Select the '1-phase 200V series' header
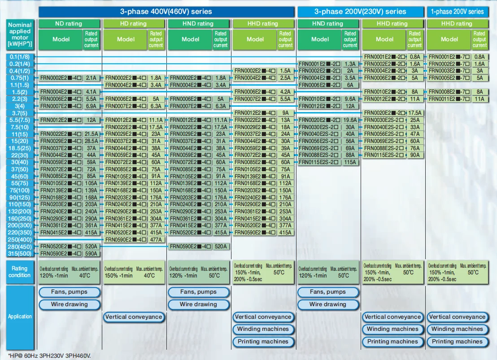coord(457,11)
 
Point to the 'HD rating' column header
coord(133,24)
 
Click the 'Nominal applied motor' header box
coord(20,35)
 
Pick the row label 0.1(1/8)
coord(20,57)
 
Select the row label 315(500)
coord(20,254)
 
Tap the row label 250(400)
coord(20,240)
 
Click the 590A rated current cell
coord(91,254)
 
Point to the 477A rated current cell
coord(156,240)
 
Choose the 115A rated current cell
coord(350,162)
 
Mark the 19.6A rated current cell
coord(350,120)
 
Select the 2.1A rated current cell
coord(91,78)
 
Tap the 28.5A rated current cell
coord(91,141)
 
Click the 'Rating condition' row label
coord(20,272)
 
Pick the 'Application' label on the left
coord(20,317)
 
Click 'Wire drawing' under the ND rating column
coord(70,304)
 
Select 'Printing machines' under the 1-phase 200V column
coord(457,342)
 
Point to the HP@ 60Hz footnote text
coord(49,356)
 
